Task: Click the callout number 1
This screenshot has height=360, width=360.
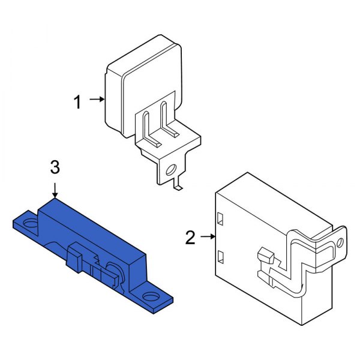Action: [x=77, y=103]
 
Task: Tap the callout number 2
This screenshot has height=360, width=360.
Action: [x=190, y=238]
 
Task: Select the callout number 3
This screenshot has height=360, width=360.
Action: [x=55, y=167]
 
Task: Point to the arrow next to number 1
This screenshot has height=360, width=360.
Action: [x=97, y=99]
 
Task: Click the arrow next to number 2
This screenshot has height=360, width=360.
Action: [x=208, y=236]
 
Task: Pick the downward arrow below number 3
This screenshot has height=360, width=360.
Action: [x=55, y=190]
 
